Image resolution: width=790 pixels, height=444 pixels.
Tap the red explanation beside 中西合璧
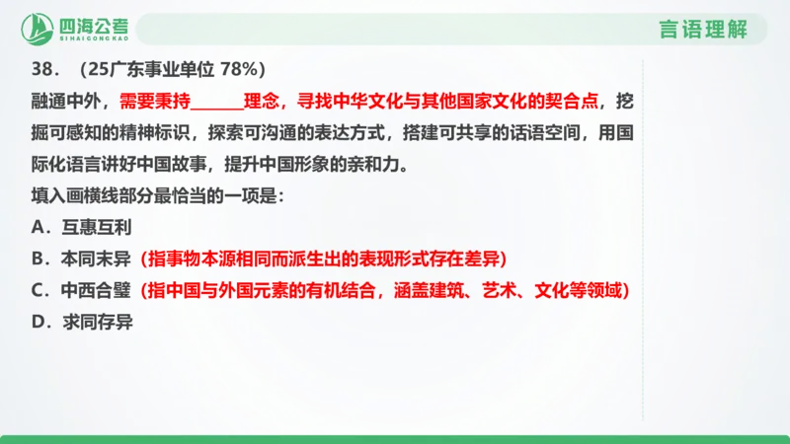[x=385, y=291]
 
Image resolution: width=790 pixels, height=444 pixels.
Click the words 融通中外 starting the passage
[x=61, y=101]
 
